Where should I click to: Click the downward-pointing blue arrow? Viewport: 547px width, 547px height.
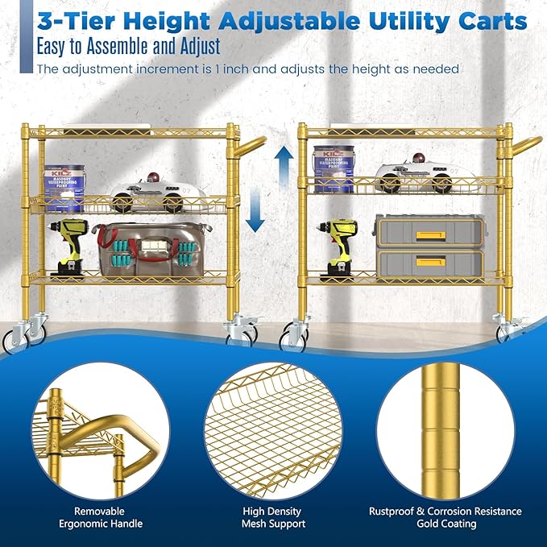tap(255, 214)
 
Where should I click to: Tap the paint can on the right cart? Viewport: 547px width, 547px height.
tap(333, 169)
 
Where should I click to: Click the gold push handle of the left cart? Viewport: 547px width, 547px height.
tap(247, 148)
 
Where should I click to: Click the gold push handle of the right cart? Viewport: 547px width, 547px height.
tap(524, 146)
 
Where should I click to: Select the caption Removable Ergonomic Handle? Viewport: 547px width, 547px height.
tap(100, 517)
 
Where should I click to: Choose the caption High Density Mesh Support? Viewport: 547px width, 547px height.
tap(272, 517)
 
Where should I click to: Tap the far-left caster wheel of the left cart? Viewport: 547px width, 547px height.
tap(14, 341)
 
